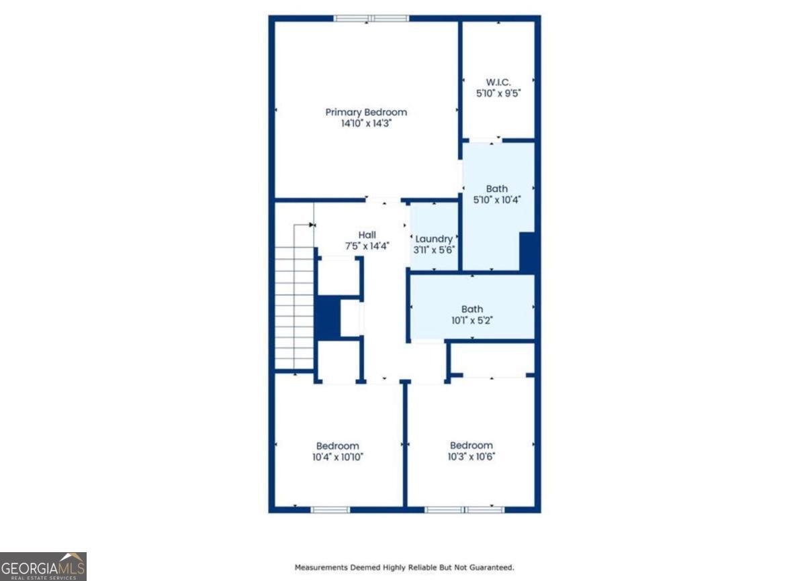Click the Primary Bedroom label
point(366,112)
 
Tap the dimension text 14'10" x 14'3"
point(366,123)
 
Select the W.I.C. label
point(498,83)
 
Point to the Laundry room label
point(434,239)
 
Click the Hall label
point(367,235)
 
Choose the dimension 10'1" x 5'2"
point(472,321)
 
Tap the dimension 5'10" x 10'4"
point(498,199)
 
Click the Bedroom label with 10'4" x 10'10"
point(338,445)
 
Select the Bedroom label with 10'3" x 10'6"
point(471,445)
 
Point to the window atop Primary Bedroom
point(371,18)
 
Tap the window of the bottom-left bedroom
point(330,509)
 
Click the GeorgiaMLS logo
point(43,566)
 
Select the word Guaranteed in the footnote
point(491,568)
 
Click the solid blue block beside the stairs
point(328,317)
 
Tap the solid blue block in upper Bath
point(527,252)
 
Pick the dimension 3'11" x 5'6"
point(434,250)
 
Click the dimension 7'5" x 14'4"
point(367,246)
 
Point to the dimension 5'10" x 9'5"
point(498,94)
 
